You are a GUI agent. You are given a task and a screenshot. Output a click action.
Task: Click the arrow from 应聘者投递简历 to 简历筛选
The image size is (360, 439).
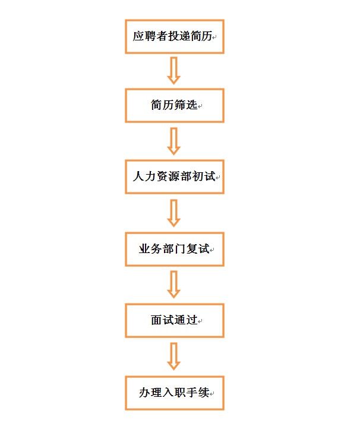[174, 71]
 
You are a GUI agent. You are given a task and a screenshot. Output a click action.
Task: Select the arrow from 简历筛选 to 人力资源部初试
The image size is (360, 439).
[174, 141]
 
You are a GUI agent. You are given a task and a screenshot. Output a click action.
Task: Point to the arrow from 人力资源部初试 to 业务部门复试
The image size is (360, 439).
[174, 213]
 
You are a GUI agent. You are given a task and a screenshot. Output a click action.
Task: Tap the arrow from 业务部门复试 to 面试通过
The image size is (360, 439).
[174, 284]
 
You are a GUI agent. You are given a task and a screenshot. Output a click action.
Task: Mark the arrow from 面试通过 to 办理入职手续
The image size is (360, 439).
[174, 356]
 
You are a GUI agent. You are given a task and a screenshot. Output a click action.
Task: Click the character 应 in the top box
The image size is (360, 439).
[138, 36]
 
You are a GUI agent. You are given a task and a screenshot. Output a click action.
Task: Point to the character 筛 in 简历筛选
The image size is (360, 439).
[180, 105]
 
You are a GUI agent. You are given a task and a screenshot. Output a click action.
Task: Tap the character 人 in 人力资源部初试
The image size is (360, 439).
[138, 176]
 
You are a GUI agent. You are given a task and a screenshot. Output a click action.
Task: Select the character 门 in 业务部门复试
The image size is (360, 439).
[180, 249]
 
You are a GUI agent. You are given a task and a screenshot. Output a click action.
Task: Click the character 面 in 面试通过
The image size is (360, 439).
[156, 320]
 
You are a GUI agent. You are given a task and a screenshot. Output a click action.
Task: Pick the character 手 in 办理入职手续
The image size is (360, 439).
[192, 392]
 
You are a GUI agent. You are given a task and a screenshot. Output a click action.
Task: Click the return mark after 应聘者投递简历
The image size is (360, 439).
[214, 38]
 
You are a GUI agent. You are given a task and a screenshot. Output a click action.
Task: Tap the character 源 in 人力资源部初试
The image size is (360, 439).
[174, 176]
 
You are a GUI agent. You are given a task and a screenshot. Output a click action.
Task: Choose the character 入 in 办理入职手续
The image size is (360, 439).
[168, 392]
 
